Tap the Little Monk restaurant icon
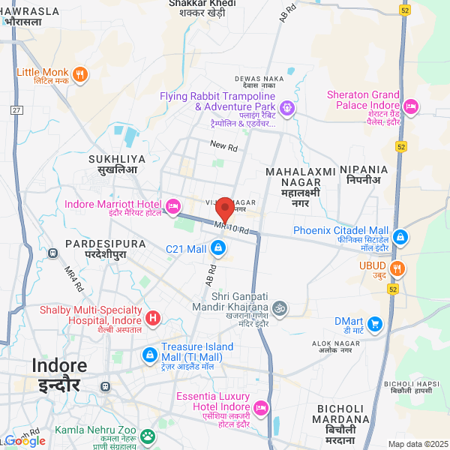(x=81, y=74)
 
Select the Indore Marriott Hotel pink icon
(x=173, y=205)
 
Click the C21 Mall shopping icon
(x=217, y=247)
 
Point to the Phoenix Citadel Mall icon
(x=400, y=237)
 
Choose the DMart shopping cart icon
(x=375, y=324)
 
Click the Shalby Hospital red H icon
(x=153, y=319)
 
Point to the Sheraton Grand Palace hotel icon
(x=410, y=107)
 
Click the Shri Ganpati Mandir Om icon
(x=279, y=307)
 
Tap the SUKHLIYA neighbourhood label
(x=113, y=164)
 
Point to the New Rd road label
(x=223, y=145)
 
